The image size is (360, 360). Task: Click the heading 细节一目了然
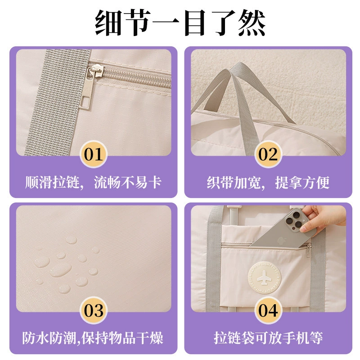(x=180, y=23)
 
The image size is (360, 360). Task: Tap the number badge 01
(x=94, y=154)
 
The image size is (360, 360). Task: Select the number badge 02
(x=268, y=154)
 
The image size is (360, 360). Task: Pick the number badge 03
(x=94, y=310)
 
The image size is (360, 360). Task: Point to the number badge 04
(x=268, y=310)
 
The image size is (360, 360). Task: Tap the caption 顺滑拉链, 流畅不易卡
(x=94, y=183)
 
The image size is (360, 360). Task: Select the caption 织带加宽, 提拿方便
(x=268, y=183)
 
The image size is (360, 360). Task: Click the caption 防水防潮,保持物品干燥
(x=93, y=338)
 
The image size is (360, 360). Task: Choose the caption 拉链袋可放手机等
(x=268, y=338)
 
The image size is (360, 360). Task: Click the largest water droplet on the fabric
(x=61, y=270)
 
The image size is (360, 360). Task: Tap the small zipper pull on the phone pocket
(x=309, y=250)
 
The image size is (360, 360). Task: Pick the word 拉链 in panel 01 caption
(x=66, y=183)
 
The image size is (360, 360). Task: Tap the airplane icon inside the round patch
(x=264, y=278)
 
